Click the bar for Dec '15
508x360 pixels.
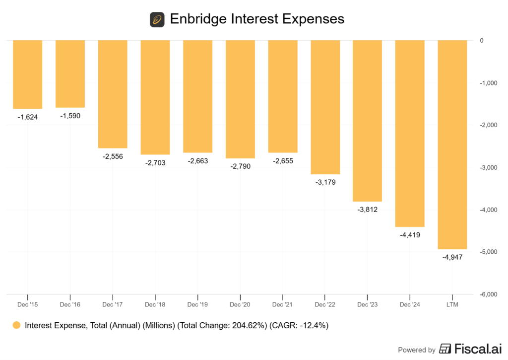tap(27, 74)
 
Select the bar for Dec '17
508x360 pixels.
tap(113, 94)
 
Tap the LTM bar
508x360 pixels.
tap(452, 144)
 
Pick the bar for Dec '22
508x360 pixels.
tap(325, 107)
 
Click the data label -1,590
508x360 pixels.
tap(70, 116)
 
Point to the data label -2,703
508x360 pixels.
tap(155, 162)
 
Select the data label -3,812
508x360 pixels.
tap(368, 210)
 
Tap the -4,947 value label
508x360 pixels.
tap(452, 257)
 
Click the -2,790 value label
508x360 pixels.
tap(240, 166)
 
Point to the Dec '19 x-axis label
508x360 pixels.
tap(198, 303)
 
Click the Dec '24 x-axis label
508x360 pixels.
tap(410, 303)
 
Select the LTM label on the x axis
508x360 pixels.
tap(452, 303)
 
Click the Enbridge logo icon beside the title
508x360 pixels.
tap(157, 20)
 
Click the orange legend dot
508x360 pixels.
tap(16, 326)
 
